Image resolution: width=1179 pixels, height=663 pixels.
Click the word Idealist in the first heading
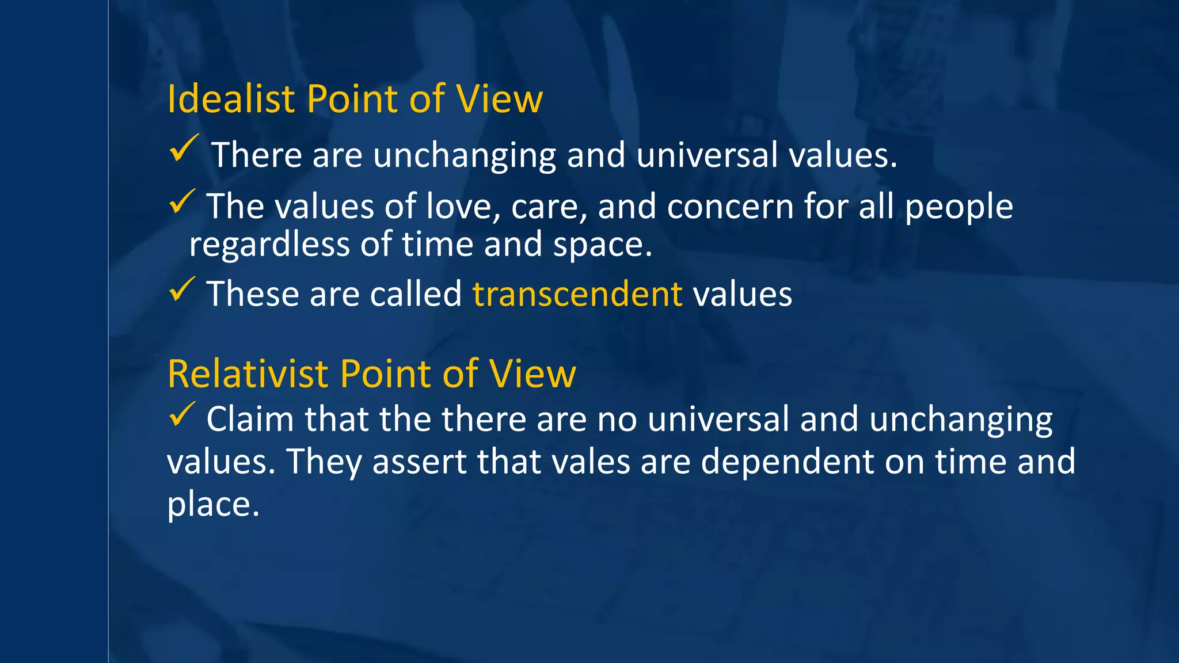point(231,99)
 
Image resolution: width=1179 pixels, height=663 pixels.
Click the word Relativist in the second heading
point(248,374)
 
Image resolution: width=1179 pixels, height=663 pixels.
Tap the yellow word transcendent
point(577,294)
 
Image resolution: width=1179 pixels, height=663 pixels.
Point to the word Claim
point(250,419)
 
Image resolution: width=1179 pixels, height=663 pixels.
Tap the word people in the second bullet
point(959,207)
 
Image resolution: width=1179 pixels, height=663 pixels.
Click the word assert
point(419,462)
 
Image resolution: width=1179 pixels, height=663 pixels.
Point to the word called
point(416,294)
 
